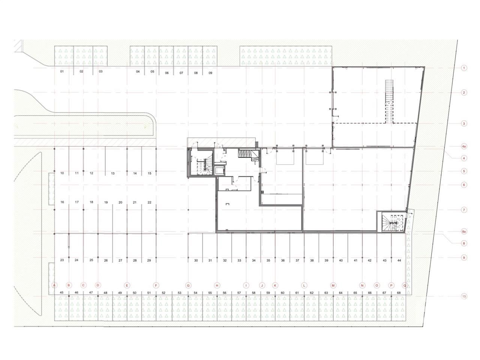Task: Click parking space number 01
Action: pos(62,71)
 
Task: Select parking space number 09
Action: pos(210,73)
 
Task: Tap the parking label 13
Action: pos(112,173)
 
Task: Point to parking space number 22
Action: pos(149,202)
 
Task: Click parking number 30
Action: pos(196,260)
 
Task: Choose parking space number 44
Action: pos(399,260)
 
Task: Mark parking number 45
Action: pos(61,292)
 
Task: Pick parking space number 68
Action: pos(399,292)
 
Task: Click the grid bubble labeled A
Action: pos(54,285)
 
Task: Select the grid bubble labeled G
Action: pos(188,285)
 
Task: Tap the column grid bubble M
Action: pos(333,285)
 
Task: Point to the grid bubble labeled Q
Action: pos(405,285)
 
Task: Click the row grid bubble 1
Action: pos(464,68)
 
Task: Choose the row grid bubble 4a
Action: pos(464,147)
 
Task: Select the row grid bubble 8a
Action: pos(464,231)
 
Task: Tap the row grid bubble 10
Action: pos(464,296)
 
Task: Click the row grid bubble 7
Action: pos(464,210)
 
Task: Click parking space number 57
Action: pos(239,292)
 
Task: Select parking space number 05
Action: pos(152,72)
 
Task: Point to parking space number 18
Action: pos(91,202)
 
